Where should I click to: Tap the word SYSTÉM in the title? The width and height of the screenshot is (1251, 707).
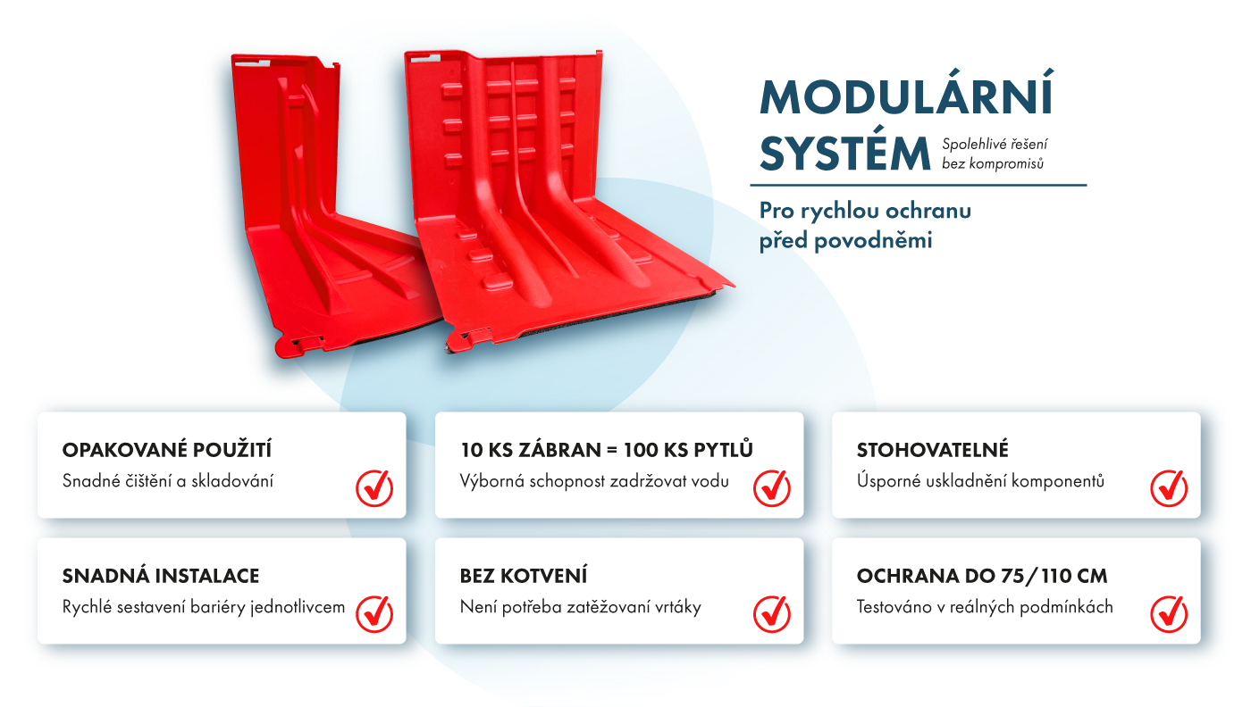(845, 154)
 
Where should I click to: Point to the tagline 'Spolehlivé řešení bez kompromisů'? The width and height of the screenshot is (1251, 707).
(995, 154)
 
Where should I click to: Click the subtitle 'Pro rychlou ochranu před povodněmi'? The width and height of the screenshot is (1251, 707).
(865, 226)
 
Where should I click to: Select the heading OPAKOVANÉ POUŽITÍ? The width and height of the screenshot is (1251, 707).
(167, 449)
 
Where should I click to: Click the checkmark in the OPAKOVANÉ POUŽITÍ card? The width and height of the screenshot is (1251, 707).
(374, 487)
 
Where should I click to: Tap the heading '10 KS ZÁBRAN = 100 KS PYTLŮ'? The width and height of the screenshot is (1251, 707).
(607, 449)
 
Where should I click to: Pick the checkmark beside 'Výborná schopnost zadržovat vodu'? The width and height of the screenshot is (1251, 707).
(772, 487)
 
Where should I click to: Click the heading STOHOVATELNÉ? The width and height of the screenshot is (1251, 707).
(933, 450)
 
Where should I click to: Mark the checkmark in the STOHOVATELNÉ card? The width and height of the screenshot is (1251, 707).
(1169, 487)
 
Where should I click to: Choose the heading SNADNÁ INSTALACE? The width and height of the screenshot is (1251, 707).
(161, 576)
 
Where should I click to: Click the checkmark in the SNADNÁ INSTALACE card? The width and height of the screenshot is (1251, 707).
(374, 614)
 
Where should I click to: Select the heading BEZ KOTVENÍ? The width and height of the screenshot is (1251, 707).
(524, 576)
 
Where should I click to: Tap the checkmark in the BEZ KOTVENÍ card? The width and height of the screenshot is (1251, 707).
(772, 614)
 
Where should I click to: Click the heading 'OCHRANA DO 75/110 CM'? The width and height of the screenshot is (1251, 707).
(982, 576)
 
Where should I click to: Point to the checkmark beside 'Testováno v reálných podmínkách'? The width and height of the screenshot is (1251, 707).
(1169, 614)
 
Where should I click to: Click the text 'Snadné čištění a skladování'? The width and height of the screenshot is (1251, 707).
(168, 481)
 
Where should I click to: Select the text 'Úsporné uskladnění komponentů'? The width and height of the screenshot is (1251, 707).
(981, 481)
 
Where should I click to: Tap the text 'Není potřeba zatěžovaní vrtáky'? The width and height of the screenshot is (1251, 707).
(580, 607)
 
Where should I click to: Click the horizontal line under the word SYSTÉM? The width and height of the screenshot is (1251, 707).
(919, 185)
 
